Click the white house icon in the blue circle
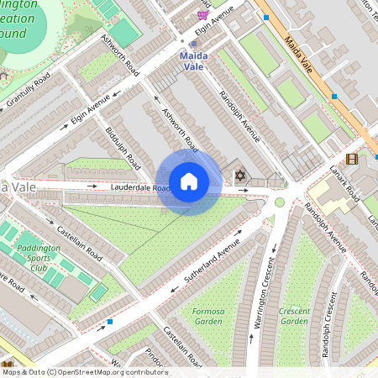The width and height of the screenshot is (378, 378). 189,181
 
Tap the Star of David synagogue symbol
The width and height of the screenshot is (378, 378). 240,176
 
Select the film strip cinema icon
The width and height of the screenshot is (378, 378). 351,159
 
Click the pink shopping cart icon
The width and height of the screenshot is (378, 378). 202,13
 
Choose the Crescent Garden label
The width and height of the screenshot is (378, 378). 294,316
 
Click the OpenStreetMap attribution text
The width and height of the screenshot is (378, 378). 84,371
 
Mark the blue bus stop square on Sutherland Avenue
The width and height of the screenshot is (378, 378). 110,321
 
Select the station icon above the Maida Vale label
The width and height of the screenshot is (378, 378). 193,44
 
